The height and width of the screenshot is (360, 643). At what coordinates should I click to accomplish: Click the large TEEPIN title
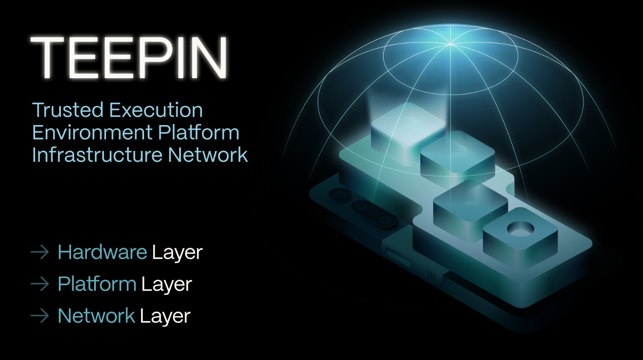pyautogui.click(x=129, y=57)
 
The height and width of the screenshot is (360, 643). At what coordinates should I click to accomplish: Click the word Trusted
pyautogui.click(x=68, y=110)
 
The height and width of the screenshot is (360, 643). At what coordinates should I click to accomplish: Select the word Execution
pyautogui.click(x=156, y=110)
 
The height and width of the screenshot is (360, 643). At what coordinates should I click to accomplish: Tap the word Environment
pyautogui.click(x=92, y=132)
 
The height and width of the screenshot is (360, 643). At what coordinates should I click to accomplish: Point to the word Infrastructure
pyautogui.click(x=97, y=155)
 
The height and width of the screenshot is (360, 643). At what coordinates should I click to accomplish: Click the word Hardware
pyautogui.click(x=103, y=252)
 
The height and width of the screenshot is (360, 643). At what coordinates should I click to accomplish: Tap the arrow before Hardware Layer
pyautogui.click(x=40, y=252)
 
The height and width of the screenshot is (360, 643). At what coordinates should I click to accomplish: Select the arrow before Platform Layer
pyautogui.click(x=40, y=284)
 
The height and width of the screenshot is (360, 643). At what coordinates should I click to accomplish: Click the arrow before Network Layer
pyautogui.click(x=40, y=316)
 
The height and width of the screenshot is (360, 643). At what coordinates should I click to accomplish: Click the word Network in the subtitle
pyautogui.click(x=208, y=155)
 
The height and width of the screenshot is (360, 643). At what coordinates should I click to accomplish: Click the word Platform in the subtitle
pyautogui.click(x=199, y=132)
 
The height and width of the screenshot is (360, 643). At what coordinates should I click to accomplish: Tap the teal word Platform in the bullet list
pyautogui.click(x=97, y=284)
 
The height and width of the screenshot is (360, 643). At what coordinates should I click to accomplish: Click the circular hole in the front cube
pyautogui.click(x=520, y=229)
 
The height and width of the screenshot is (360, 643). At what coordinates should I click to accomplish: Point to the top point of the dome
pyautogui.click(x=450, y=44)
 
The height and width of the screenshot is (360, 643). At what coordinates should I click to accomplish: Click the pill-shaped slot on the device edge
pyautogui.click(x=399, y=257)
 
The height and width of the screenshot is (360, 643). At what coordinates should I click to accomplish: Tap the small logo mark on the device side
pyautogui.click(x=431, y=275)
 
